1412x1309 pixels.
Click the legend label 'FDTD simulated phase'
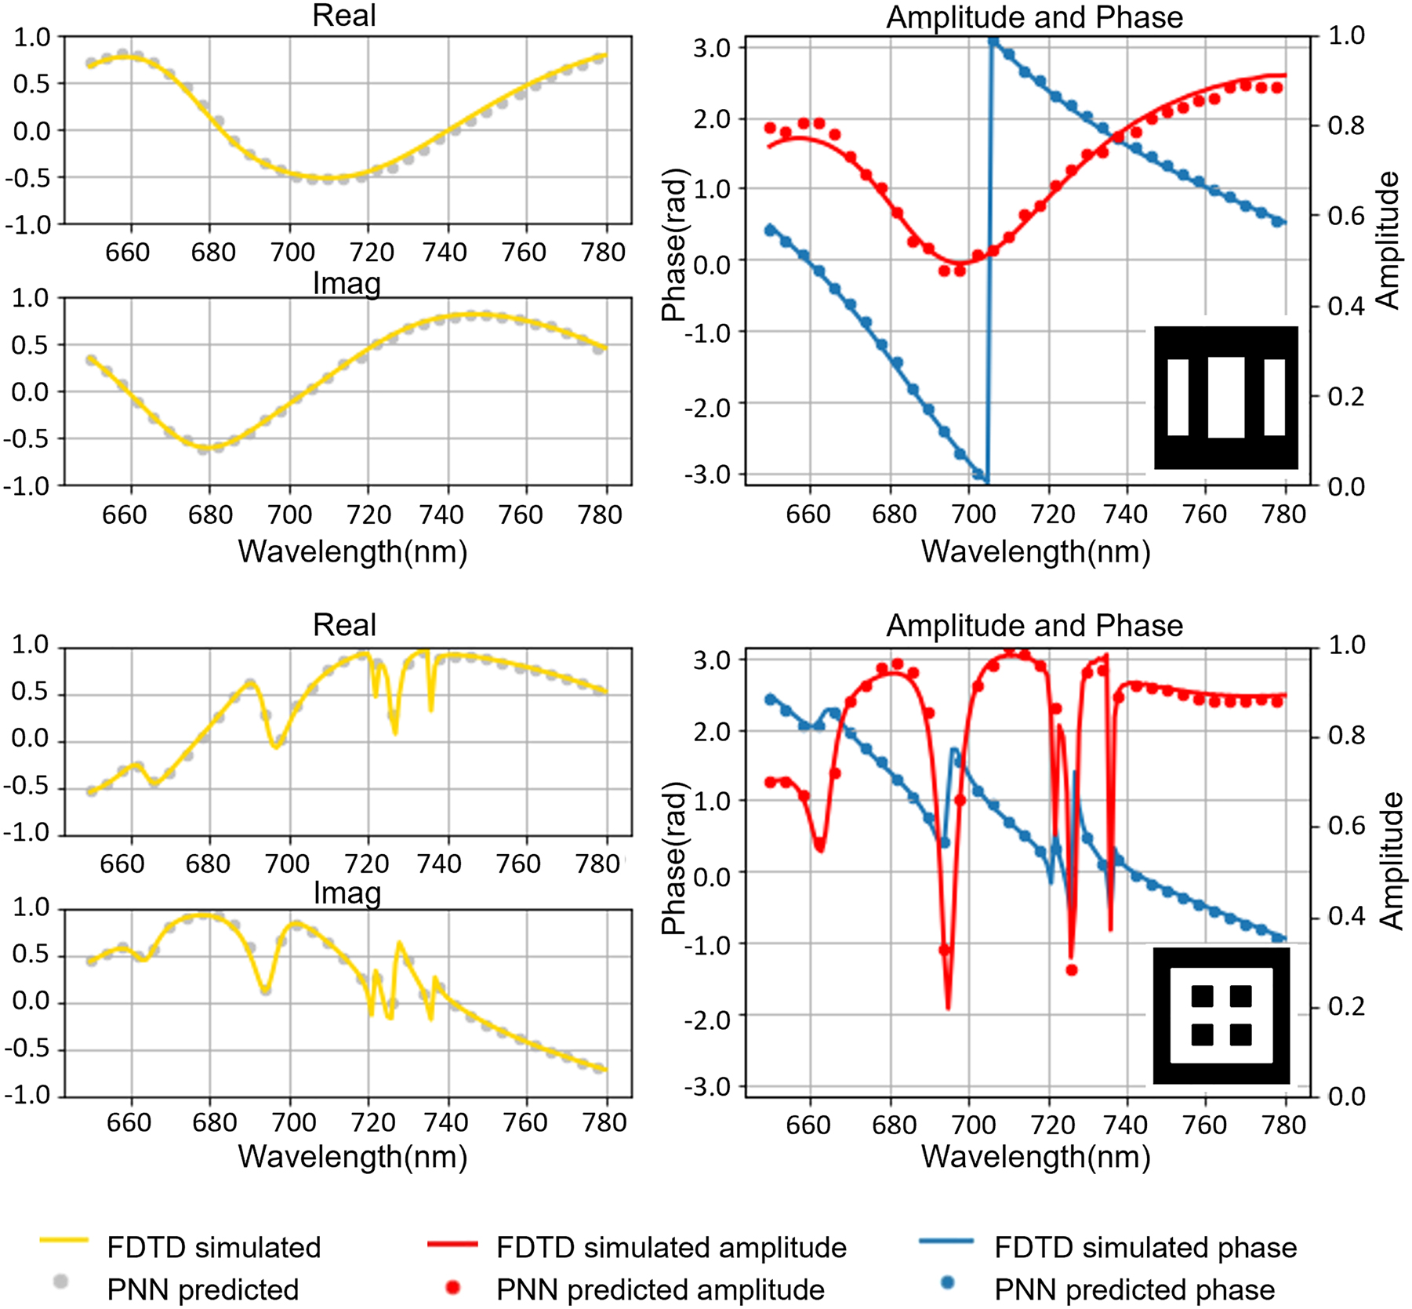coord(1145,1248)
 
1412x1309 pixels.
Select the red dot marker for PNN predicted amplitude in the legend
coord(452,1287)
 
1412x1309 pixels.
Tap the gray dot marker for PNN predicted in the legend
coord(60,1282)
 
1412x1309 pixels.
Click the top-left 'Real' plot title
coord(344,16)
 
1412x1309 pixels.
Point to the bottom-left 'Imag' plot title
coord(347,893)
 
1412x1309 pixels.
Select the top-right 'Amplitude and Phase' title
coord(1034,17)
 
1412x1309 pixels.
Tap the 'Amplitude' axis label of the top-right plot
coord(1388,240)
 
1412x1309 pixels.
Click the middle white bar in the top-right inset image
coord(1225,397)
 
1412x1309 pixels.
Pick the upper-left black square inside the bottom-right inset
coord(1202,996)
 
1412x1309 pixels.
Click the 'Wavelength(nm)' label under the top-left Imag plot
coord(353,551)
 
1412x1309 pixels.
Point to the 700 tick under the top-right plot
coord(974,515)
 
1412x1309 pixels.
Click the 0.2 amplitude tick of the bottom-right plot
coord(1346,1005)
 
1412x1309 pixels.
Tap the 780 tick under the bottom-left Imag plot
coord(604,1122)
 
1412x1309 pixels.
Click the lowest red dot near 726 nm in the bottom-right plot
coord(1072,970)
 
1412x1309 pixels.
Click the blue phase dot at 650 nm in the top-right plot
coord(770,230)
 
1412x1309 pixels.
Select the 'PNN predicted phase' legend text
coord(1134,1289)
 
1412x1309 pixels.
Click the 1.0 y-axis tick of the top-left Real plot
coord(31,37)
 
